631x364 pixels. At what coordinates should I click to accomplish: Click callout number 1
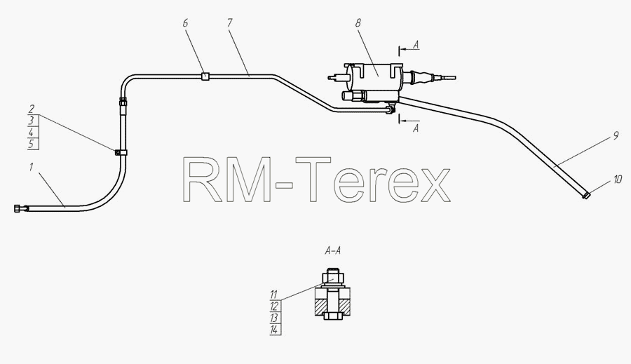pos(31,167)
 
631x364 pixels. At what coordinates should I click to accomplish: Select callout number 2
pos(32,109)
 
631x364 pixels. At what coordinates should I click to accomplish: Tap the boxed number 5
pos(32,144)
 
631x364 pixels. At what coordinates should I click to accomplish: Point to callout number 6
pos(185,23)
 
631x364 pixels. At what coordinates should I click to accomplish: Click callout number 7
pos(229,23)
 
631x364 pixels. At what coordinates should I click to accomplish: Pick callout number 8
pos(358,23)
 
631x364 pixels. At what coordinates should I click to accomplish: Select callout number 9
pos(616,136)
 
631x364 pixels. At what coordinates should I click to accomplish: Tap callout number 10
pos(618,179)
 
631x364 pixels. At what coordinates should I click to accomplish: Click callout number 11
pos(273,295)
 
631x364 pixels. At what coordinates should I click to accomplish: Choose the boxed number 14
pos(274,330)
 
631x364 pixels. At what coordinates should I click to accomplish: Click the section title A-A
pos(333,251)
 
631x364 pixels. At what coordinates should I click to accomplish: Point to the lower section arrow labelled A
pos(409,121)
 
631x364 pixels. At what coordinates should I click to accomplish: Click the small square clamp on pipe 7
pos(205,76)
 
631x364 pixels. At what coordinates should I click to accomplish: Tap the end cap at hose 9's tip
pos(586,196)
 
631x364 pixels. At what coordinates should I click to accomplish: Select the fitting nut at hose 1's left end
pos(18,208)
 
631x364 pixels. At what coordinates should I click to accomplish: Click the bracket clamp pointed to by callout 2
pos(121,152)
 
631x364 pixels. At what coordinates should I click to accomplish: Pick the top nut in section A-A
pos(333,278)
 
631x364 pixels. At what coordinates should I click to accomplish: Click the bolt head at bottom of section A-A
pos(333,316)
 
